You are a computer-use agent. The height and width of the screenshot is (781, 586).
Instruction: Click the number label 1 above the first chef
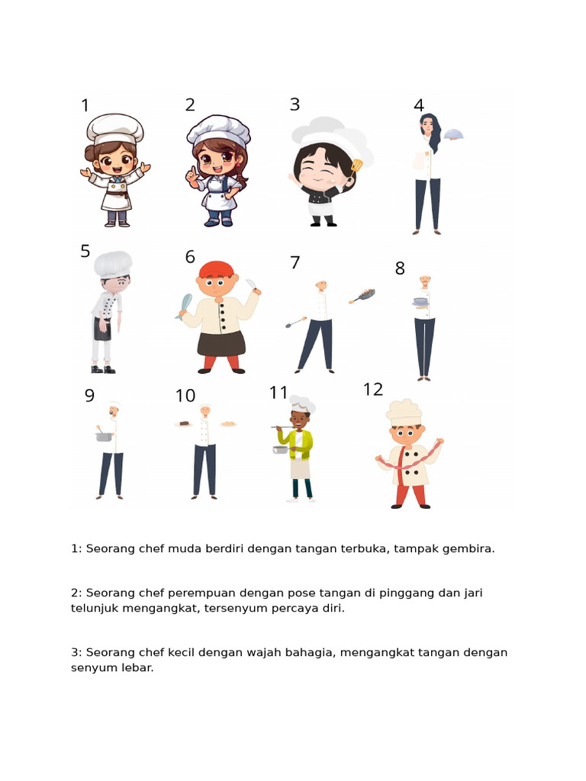coord(85,106)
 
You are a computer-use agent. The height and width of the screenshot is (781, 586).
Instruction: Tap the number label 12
coord(372,390)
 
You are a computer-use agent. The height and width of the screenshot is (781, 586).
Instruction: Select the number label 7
coord(295,263)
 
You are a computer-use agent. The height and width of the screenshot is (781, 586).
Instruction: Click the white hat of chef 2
coord(218,129)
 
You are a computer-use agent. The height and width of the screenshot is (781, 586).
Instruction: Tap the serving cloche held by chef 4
coord(453,135)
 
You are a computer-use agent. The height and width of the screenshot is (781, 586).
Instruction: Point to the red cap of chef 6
coord(216,269)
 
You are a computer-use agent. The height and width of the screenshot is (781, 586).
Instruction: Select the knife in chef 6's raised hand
coord(253,285)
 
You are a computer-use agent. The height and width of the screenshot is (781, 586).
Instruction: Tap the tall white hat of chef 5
coord(113,264)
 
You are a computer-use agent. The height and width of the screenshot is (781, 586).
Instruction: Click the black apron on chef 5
coord(103,329)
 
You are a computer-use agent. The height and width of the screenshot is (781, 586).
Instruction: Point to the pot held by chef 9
coord(104,436)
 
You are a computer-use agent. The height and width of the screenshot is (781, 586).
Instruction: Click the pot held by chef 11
coord(281,449)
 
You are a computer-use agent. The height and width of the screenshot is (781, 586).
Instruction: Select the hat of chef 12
coord(404,410)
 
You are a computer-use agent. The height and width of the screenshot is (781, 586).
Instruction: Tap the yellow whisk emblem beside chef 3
coord(356,165)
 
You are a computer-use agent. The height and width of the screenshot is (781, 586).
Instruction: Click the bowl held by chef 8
coord(420,302)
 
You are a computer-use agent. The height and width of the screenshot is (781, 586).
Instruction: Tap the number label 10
coord(185,396)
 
